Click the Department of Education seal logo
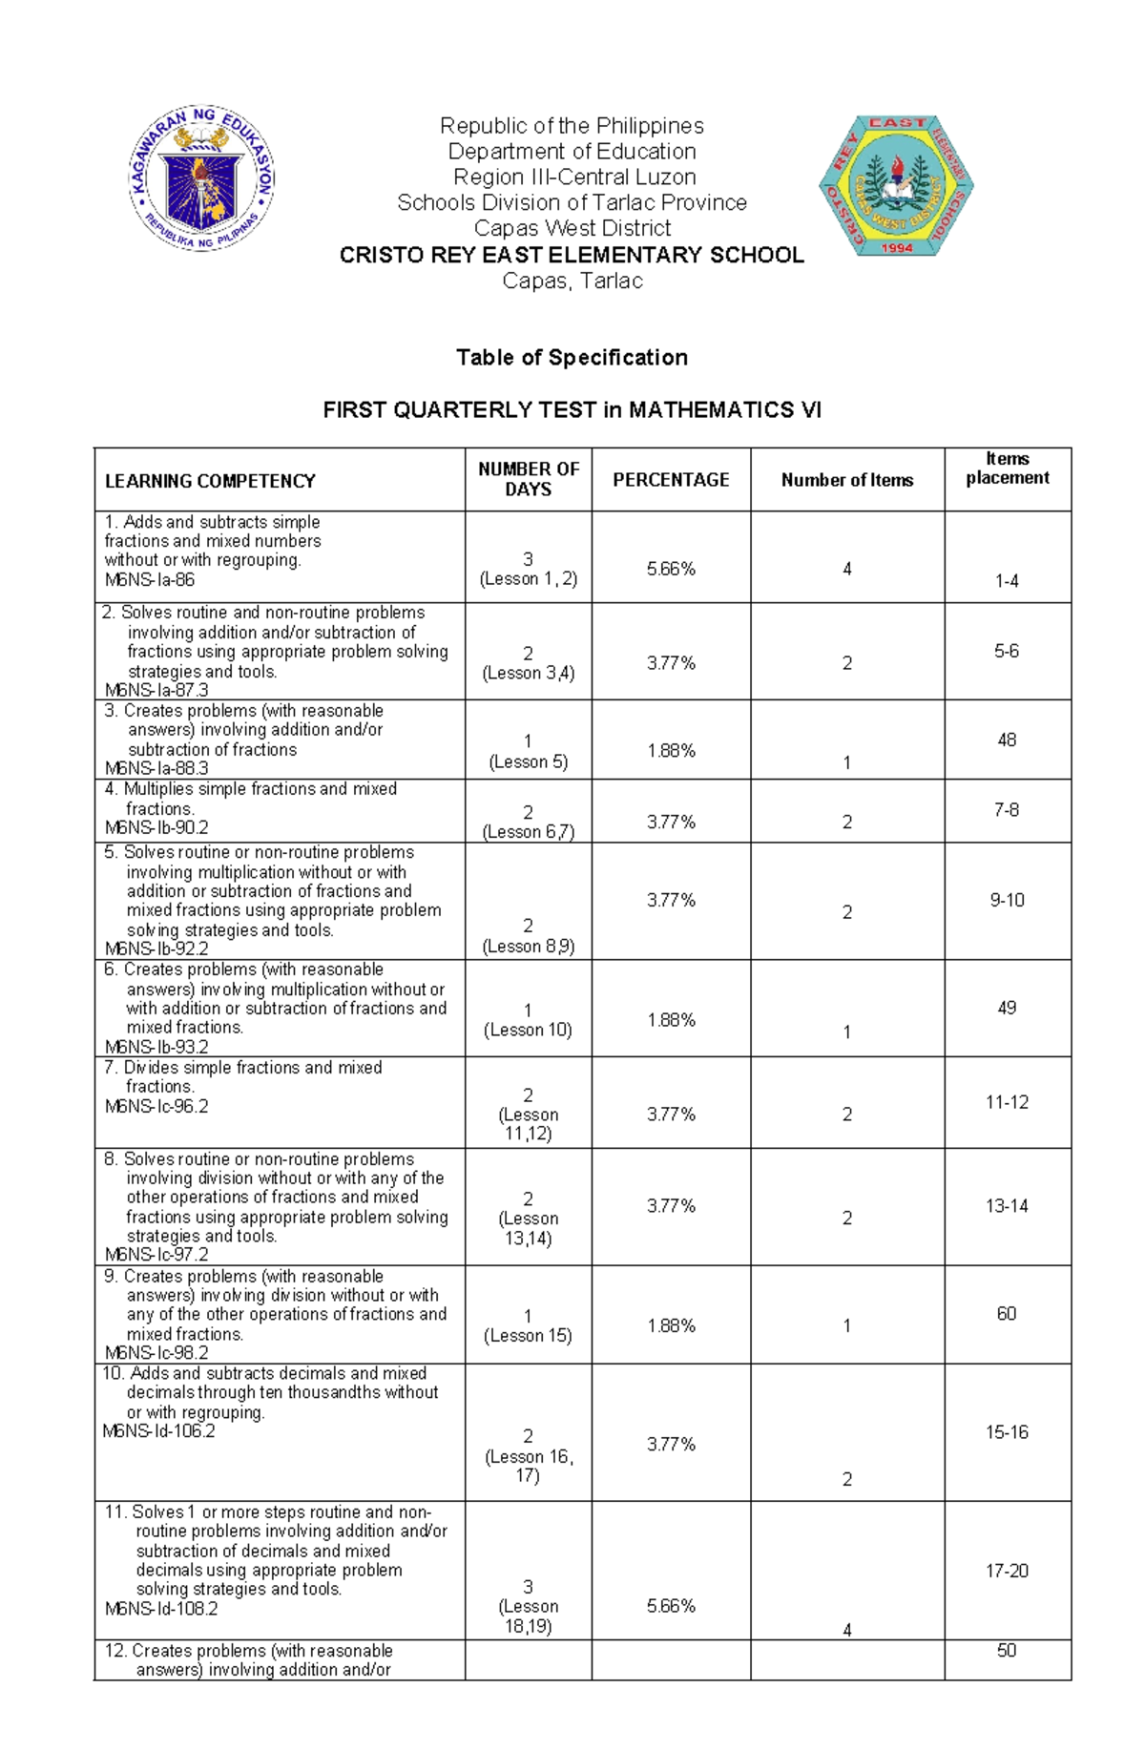coord(201,178)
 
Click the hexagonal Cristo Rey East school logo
coord(896,186)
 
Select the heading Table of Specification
coord(572,358)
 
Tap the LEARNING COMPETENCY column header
coord(210,481)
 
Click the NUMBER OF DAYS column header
coord(528,479)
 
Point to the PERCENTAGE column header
coord(671,480)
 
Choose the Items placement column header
coord(1007,469)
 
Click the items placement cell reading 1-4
coord(1007,581)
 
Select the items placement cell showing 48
coord(1007,740)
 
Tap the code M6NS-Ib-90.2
coord(156,827)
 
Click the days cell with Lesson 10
coord(528,1021)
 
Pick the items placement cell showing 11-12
coord(1007,1102)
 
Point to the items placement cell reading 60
coord(1007,1314)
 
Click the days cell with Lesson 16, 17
coord(528,1456)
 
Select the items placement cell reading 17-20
coord(1007,1571)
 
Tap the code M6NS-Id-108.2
coord(161,1609)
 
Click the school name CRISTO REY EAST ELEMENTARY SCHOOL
coord(572,255)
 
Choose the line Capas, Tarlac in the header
coord(572,281)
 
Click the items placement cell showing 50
coord(1007,1651)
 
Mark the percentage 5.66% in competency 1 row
coord(671,569)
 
